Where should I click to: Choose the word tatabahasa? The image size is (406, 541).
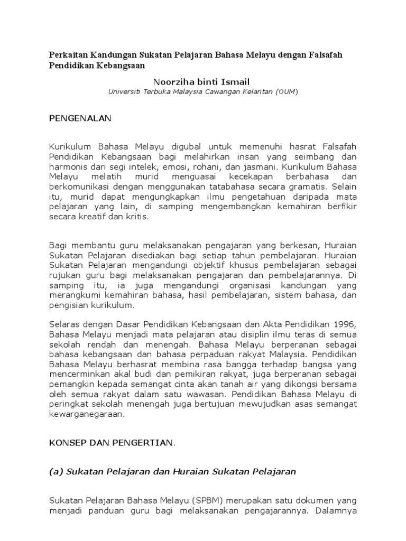(231, 187)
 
